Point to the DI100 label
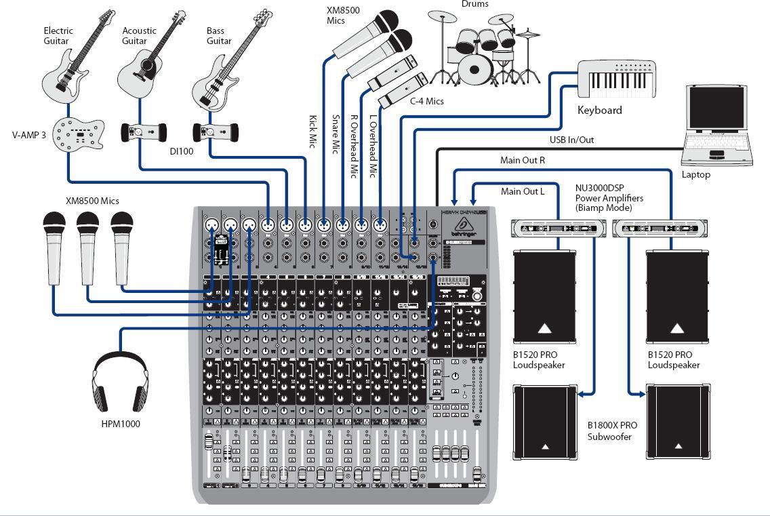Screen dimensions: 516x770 [181, 151]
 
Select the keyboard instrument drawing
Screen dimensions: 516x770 [616, 79]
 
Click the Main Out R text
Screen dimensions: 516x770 [523, 161]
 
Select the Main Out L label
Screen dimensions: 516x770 [523, 191]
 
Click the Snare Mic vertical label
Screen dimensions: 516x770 [335, 134]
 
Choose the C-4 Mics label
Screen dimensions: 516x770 [426, 101]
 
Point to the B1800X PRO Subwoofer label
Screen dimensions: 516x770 [612, 431]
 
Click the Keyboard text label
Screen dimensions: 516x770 [599, 110]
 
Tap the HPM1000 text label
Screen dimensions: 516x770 [121, 424]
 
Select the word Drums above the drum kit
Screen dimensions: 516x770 [474, 4]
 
